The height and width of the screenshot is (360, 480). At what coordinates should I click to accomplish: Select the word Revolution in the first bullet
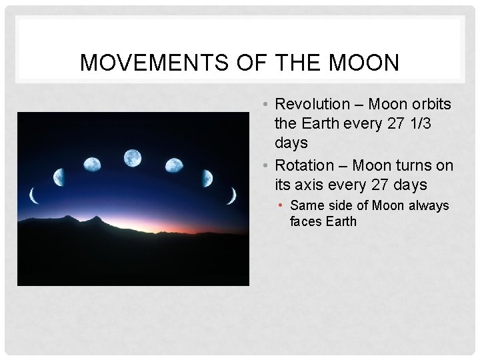(312, 105)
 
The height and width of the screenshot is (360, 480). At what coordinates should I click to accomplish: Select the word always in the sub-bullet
(427, 206)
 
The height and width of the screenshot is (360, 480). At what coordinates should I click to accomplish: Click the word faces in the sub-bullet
(306, 221)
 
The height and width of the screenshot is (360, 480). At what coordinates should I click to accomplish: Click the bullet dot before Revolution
(265, 105)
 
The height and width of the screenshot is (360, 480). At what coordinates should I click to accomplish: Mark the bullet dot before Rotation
(265, 165)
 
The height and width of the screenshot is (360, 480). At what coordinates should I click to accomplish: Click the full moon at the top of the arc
(133, 158)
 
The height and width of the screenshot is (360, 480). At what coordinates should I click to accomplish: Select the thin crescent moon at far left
(33, 195)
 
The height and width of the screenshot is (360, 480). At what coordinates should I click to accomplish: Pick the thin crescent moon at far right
(232, 195)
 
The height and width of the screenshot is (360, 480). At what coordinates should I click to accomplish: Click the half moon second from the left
(59, 177)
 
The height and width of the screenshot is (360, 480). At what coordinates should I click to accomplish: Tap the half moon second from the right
(207, 178)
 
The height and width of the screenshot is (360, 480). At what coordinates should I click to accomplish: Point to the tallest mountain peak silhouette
(97, 219)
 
